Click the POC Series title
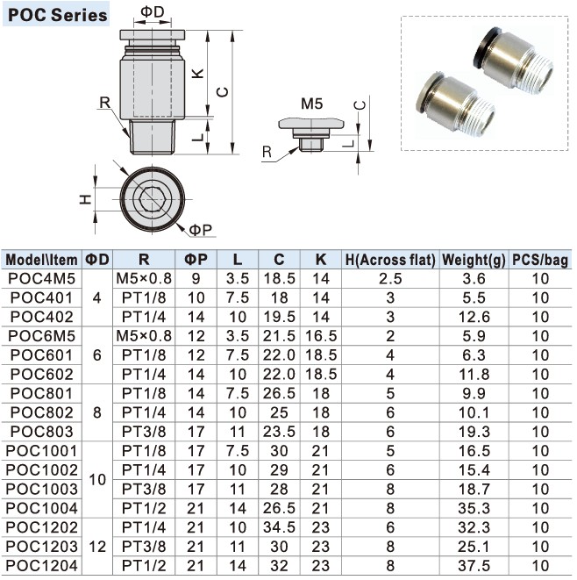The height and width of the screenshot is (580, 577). click(x=57, y=15)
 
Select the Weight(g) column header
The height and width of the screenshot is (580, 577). click(x=474, y=260)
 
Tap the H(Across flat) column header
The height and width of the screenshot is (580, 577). click(x=390, y=260)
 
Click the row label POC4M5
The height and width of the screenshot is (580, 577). click(x=41, y=278)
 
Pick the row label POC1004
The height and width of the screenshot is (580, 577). click(x=41, y=508)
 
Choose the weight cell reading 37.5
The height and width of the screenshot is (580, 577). click(x=474, y=566)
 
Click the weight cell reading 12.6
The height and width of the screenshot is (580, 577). click(x=474, y=317)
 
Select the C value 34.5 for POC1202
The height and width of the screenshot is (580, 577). click(x=279, y=527)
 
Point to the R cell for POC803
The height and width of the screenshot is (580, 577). click(x=144, y=432)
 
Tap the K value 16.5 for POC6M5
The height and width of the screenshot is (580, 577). click(x=321, y=336)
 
